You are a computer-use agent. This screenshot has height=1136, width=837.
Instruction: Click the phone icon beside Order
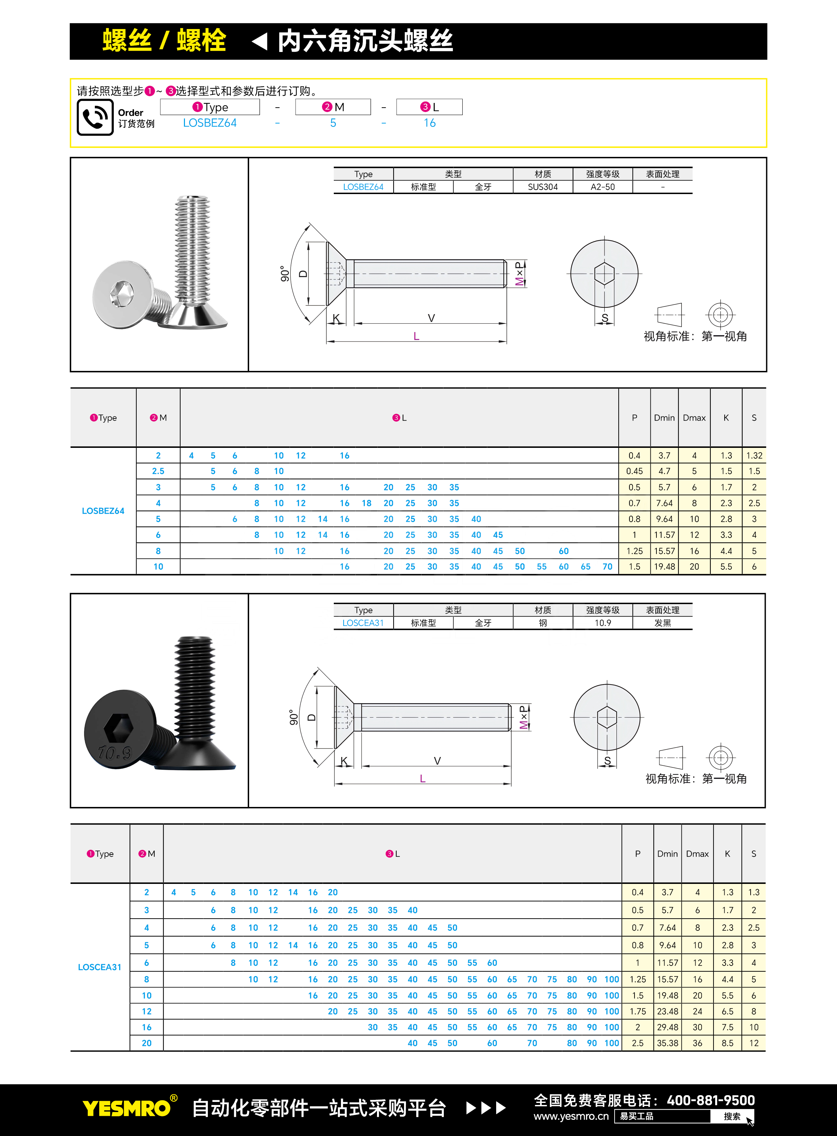[95, 117]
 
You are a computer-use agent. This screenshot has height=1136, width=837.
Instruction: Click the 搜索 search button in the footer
[732, 1116]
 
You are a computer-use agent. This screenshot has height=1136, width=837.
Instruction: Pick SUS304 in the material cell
[543, 187]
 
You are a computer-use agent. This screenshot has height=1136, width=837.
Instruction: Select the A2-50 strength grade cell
[602, 187]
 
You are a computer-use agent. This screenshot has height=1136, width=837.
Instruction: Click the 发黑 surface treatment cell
[662, 623]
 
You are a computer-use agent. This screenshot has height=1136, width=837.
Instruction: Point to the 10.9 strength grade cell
[602, 623]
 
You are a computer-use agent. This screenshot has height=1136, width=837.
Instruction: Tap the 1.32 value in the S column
[754, 456]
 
